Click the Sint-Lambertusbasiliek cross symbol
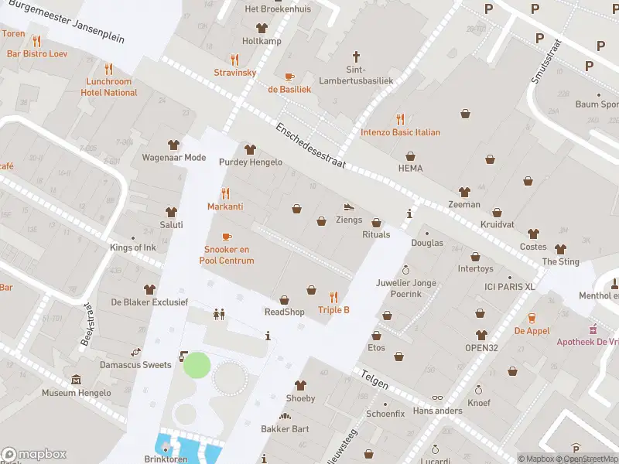click(x=357, y=56)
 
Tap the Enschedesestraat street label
click(x=313, y=145)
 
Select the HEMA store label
click(x=410, y=168)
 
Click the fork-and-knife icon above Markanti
click(x=225, y=193)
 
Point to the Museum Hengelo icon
click(x=77, y=380)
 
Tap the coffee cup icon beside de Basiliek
click(x=289, y=77)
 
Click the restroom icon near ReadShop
click(x=219, y=314)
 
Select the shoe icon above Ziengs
click(x=349, y=206)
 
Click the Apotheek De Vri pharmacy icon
click(x=593, y=329)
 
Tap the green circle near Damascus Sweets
click(x=197, y=365)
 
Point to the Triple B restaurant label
click(x=333, y=310)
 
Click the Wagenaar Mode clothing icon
click(x=173, y=145)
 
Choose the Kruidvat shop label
click(x=497, y=223)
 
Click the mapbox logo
click(x=34, y=454)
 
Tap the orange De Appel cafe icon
click(x=532, y=318)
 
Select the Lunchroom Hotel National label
click(x=109, y=87)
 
